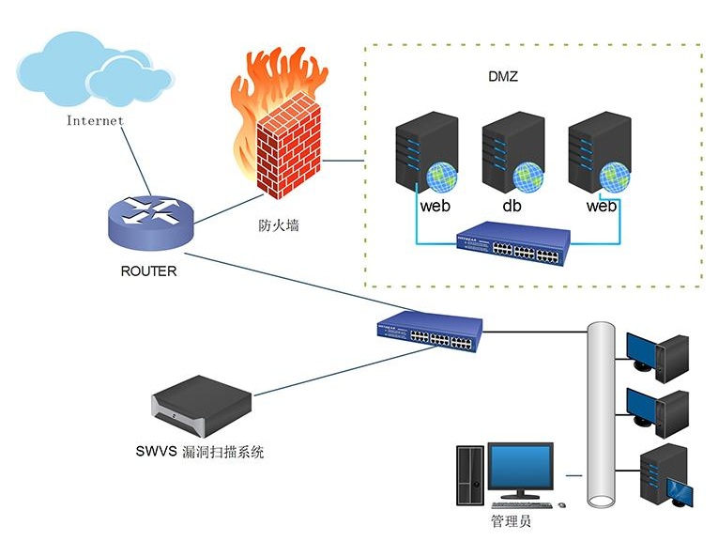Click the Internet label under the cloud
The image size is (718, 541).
95,121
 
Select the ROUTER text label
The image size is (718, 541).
148,271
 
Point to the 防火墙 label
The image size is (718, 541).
279,225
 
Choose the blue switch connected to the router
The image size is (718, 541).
428,332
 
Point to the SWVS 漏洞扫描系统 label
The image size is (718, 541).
200,452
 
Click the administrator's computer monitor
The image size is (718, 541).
520,470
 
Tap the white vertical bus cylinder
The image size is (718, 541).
601,413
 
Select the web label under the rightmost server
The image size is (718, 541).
601,206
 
